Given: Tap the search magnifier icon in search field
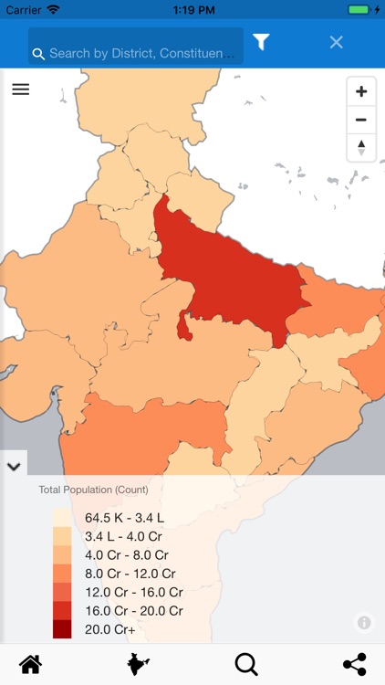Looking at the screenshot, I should (x=38, y=54).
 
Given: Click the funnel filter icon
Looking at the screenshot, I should (x=261, y=42).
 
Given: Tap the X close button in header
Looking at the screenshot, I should (x=336, y=42).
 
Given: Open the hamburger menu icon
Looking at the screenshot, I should (x=21, y=90).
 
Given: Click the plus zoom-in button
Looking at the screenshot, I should (x=361, y=91).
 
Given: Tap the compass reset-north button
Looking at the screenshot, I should (x=361, y=146).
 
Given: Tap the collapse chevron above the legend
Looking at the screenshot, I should (x=14, y=466).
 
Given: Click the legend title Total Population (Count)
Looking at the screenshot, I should (x=93, y=490).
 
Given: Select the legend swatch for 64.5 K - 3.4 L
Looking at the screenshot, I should (x=62, y=517).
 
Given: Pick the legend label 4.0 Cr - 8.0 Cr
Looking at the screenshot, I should (x=127, y=554).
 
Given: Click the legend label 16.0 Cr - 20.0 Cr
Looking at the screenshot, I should (x=134, y=610).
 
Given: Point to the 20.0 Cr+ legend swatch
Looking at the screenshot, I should (x=62, y=628).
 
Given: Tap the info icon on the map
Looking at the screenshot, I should (x=364, y=623).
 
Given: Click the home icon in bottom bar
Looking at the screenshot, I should (x=30, y=664).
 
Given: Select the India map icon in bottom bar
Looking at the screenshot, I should (x=138, y=664).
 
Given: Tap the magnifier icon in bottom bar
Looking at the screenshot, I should (x=246, y=664).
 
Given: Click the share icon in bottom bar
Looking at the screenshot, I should (x=354, y=664).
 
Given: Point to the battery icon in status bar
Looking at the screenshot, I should (x=360, y=9).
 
